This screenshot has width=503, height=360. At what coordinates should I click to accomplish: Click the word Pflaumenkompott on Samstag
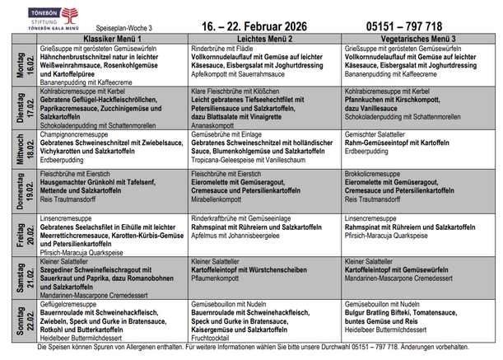(215, 278)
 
